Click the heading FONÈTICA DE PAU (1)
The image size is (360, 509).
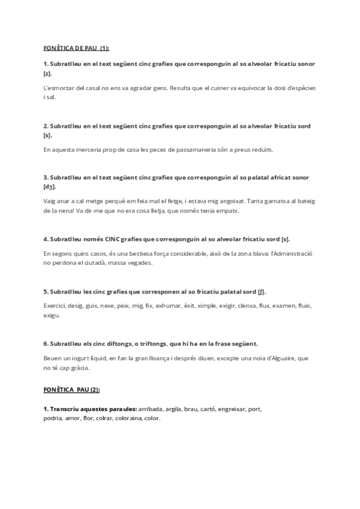76,48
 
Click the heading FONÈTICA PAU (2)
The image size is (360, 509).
71,390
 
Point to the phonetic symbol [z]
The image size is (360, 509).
47,73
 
